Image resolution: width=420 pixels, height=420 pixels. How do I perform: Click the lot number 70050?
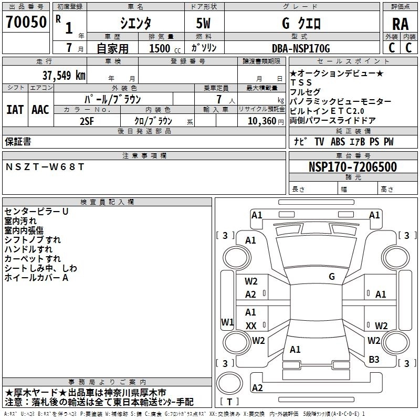pyautogui.click(x=26, y=22)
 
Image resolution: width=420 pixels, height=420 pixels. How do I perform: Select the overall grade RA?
pyautogui.click(x=400, y=24)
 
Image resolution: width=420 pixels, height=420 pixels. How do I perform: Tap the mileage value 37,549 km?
pyautogui.click(x=64, y=76)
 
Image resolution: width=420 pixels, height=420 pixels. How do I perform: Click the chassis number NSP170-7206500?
pyautogui.click(x=353, y=166)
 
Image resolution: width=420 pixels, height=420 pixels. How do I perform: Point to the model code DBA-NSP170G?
pyautogui.click(x=301, y=48)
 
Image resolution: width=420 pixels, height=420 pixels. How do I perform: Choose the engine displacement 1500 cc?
pyautogui.click(x=165, y=48)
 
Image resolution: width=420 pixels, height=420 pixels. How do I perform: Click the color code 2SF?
pyautogui.click(x=87, y=121)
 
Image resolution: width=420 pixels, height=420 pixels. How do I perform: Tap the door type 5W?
pyautogui.click(x=203, y=23)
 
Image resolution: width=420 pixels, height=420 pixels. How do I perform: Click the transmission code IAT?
pyautogui.click(x=15, y=110)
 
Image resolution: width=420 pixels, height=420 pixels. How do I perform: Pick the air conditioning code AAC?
pyautogui.click(x=40, y=110)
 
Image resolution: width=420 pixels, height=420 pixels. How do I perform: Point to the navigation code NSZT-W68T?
pyautogui.click(x=45, y=167)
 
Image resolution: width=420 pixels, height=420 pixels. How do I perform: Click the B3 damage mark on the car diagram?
pyautogui.click(x=374, y=360)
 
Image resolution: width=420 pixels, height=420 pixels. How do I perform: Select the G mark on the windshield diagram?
pyautogui.click(x=332, y=277)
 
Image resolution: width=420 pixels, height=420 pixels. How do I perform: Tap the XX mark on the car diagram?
pyautogui.click(x=251, y=325)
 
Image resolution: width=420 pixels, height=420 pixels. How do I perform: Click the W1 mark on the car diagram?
pyautogui.click(x=227, y=322)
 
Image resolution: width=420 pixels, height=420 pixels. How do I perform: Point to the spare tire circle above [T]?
pyautogui.click(x=229, y=383)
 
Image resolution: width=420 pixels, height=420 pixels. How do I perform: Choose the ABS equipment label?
pyautogui.click(x=338, y=142)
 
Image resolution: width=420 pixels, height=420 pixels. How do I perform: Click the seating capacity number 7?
pyautogui.click(x=219, y=99)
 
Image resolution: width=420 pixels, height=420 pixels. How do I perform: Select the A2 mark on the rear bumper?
pyautogui.click(x=257, y=387)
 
